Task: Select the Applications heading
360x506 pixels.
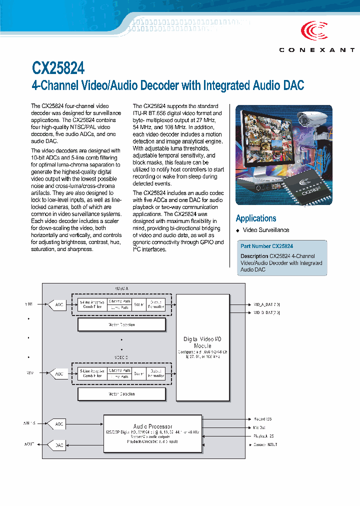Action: point(256,218)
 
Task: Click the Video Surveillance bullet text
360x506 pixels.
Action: point(266,230)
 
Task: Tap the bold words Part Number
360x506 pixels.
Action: point(255,246)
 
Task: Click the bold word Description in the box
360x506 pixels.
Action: point(254,256)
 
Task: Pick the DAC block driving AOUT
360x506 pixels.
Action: point(59,444)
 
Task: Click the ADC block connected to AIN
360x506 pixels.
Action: point(59,424)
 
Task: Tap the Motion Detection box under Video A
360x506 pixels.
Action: point(121,325)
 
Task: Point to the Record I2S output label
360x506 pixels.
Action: point(262,419)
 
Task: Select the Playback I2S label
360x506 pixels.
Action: point(263,436)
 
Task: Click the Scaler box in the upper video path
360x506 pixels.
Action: point(139,304)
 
